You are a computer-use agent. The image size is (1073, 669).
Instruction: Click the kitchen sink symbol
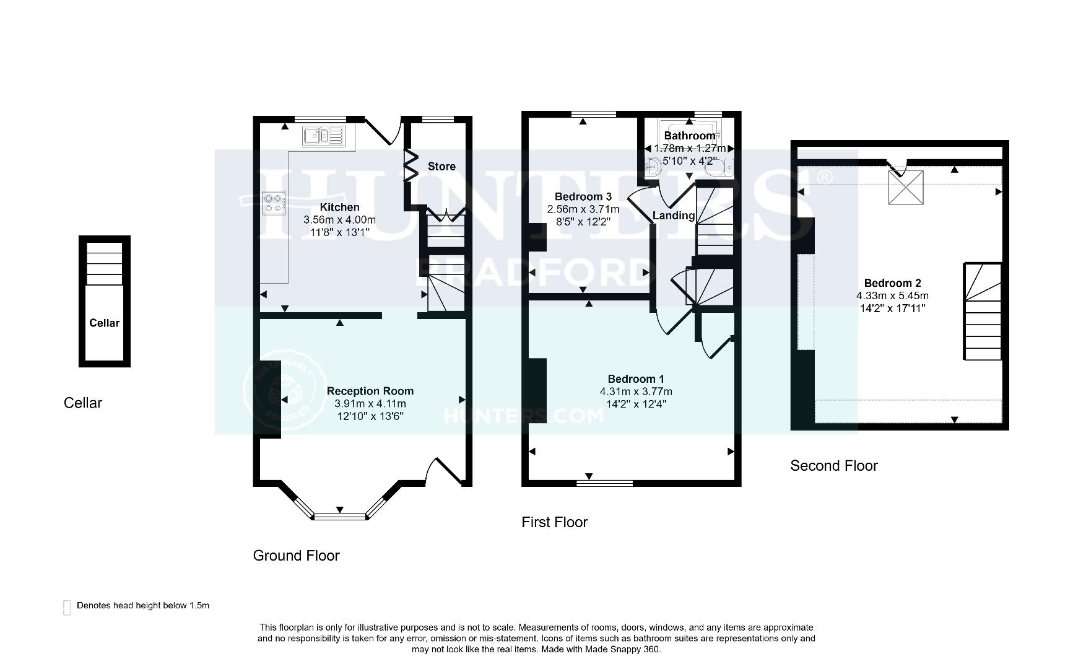(x=323, y=136)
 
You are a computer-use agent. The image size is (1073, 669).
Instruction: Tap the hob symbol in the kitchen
(x=274, y=203)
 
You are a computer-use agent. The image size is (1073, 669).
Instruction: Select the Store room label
(x=441, y=167)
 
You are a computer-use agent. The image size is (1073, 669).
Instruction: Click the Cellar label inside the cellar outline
(x=104, y=323)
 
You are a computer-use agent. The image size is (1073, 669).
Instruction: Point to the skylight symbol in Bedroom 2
(x=905, y=188)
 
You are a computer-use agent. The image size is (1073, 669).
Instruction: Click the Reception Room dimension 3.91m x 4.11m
(x=370, y=403)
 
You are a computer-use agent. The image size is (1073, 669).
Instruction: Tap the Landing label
(x=673, y=216)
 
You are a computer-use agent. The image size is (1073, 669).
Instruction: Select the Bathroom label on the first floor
(x=689, y=136)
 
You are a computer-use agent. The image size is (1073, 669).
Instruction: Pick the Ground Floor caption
(x=296, y=556)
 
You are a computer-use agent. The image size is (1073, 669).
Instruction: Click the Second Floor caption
(x=833, y=466)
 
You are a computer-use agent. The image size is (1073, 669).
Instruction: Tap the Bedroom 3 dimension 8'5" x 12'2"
(x=583, y=221)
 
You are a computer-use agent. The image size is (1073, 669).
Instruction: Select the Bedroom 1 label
(x=635, y=379)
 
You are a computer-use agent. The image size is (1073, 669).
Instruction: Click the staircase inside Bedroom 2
(x=983, y=313)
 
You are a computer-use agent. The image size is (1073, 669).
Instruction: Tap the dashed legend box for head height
(x=67, y=608)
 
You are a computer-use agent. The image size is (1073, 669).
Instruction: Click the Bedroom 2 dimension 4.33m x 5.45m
(x=892, y=296)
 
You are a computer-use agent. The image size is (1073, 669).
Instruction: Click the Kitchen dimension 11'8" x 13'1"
(x=339, y=232)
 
